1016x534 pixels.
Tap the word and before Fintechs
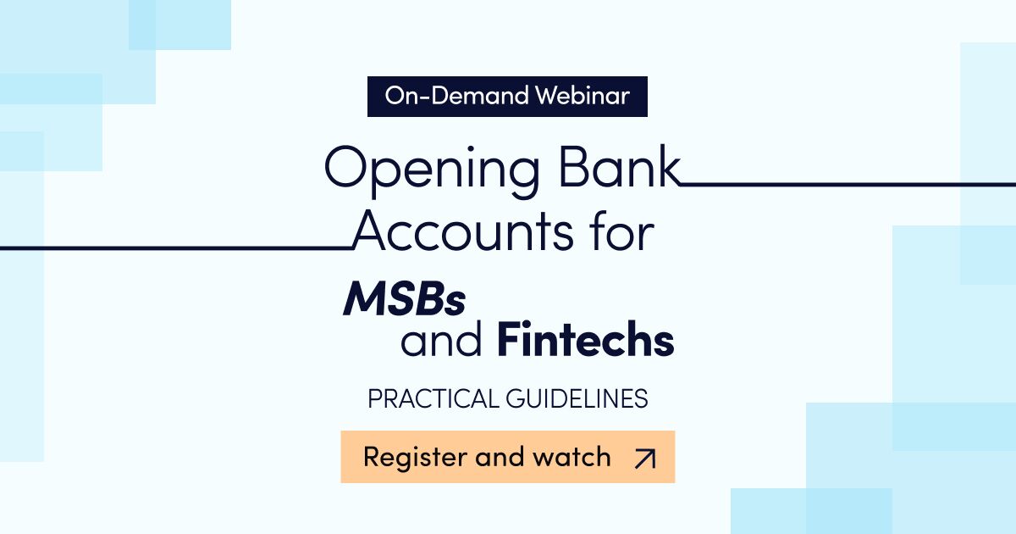click(441, 341)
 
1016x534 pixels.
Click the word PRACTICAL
click(431, 399)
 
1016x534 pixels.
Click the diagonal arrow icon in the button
click(645, 459)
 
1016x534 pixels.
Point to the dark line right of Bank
click(847, 183)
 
